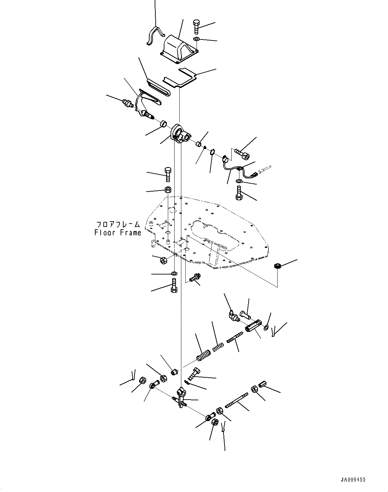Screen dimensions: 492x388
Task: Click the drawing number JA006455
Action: click(353, 480)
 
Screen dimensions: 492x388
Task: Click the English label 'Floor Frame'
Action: click(118, 232)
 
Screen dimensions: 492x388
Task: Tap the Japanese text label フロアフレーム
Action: click(118, 224)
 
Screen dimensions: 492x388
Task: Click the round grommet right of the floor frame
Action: click(278, 266)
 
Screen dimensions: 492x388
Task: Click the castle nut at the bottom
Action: click(214, 423)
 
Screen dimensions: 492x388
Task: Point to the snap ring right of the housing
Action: click(212, 152)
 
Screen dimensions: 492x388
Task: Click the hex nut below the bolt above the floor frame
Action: click(168, 189)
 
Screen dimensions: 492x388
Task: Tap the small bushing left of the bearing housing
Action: click(164, 124)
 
